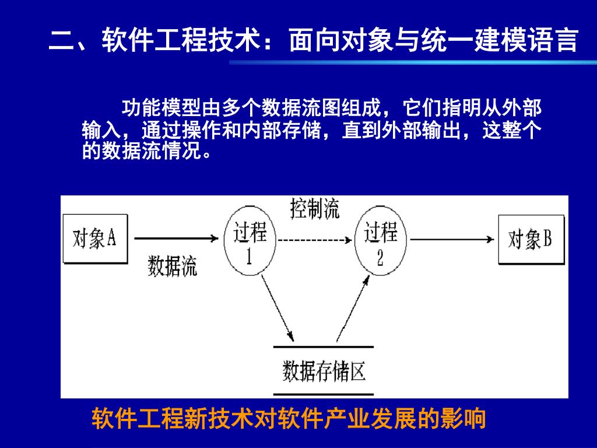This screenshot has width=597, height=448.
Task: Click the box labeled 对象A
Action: click(x=95, y=239)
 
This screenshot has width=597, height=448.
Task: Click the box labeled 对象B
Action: click(x=531, y=239)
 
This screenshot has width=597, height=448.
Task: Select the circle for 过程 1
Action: click(x=251, y=242)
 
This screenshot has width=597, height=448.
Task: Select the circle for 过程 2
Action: click(x=381, y=242)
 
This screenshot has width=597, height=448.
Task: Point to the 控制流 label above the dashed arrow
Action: click(x=315, y=208)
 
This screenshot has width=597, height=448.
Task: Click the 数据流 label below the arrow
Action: click(x=172, y=265)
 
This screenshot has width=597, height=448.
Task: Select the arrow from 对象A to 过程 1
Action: click(x=175, y=238)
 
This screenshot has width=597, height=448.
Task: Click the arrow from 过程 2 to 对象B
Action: click(x=452, y=239)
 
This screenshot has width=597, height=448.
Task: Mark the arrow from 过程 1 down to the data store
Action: click(x=278, y=309)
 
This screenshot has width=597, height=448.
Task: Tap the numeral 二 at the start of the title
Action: click(x=61, y=41)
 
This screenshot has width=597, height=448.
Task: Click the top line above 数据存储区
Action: click(x=324, y=347)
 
